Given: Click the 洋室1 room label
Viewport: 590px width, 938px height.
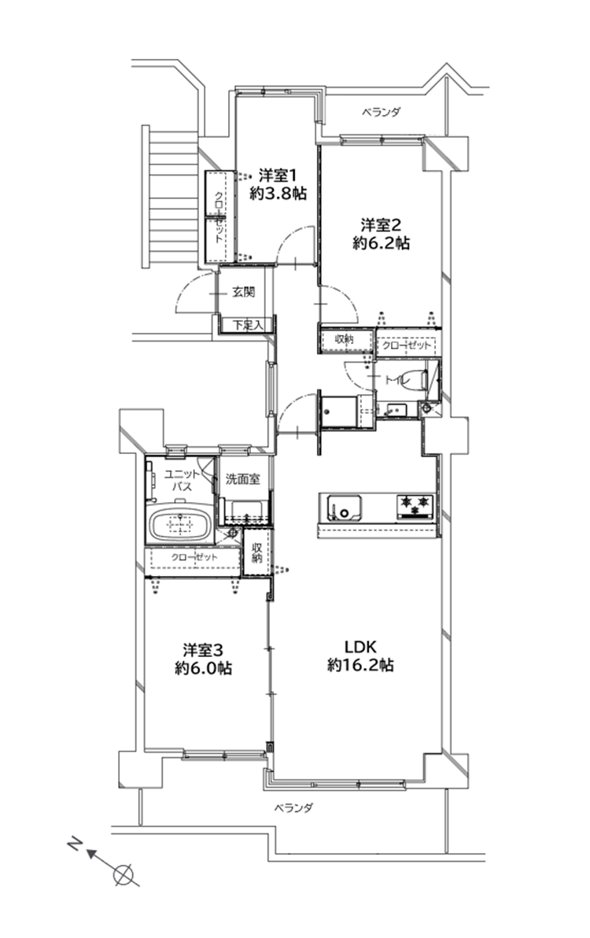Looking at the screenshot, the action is coord(278,176).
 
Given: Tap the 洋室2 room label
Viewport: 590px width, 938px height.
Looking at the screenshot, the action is coord(380,225).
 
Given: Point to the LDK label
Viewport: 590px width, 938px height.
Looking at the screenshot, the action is coord(360,647).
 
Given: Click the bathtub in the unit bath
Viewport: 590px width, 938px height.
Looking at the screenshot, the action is coord(180,525).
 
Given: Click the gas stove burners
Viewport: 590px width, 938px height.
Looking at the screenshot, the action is coord(414,505).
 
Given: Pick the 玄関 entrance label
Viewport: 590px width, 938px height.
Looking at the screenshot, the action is coord(243,292).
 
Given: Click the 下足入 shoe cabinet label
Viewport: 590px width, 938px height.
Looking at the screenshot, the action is coord(246,325).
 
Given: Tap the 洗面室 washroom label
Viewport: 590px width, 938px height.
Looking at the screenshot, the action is coord(243,479).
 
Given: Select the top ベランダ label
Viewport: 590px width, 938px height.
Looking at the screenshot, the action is coord(381,112).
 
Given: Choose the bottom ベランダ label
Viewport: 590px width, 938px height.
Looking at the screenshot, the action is coord(293,808).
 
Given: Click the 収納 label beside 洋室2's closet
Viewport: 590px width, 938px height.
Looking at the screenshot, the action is coord(344,339).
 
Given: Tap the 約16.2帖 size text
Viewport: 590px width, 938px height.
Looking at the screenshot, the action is coord(360,665).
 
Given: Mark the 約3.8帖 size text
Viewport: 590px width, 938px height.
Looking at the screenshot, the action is coord(278,194).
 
